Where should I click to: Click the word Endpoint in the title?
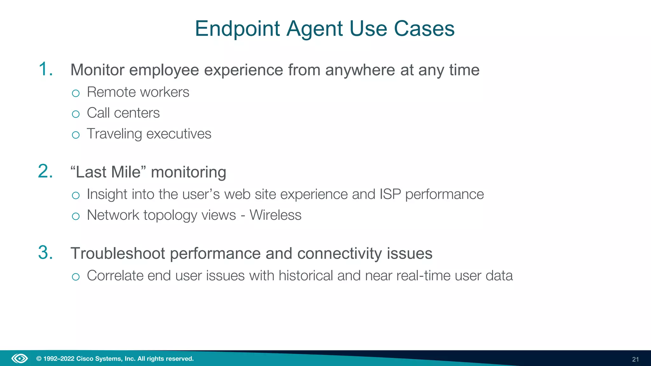coord(237,29)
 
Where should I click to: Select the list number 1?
coord(45,69)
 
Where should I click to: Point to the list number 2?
coord(45,172)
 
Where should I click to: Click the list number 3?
coord(45,253)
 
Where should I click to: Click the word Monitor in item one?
coord(97,70)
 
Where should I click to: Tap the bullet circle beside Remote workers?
coord(76,93)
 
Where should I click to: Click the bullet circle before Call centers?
coord(76,114)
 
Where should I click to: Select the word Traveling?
coord(114,134)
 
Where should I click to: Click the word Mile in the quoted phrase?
coord(126,172)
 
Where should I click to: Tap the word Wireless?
coord(275,215)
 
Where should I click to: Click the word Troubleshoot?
coord(118,254)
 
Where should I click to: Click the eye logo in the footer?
coord(20,359)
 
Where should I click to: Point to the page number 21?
coord(635,359)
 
